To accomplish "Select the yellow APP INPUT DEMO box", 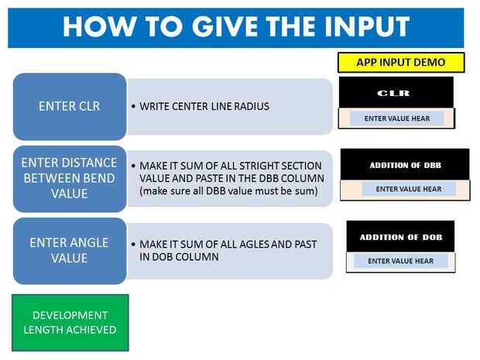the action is tap(401, 63).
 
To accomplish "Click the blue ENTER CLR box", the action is tap(70, 107).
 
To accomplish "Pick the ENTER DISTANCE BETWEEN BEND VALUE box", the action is tap(70, 179).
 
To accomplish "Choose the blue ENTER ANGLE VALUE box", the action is tap(70, 251).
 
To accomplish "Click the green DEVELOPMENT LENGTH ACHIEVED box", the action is tap(70, 323).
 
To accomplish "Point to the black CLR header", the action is tap(396, 92).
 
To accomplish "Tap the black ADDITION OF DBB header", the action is tap(405, 165).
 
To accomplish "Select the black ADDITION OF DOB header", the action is tap(400, 237).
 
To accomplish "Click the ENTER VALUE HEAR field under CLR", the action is tap(396, 118).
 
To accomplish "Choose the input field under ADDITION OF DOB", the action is tap(401, 261).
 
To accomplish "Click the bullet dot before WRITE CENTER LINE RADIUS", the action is tap(133, 107).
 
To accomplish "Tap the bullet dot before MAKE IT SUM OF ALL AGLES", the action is tap(133, 245).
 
